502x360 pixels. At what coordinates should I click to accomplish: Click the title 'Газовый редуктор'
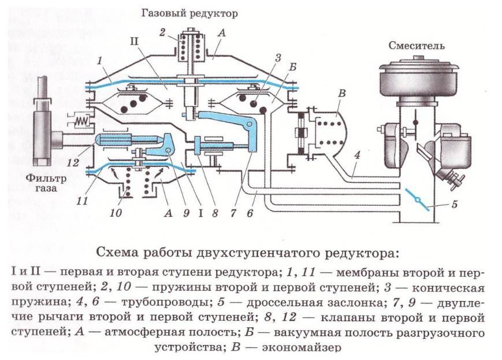pos(189,13)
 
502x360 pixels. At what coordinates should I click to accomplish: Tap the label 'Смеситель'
pos(417,46)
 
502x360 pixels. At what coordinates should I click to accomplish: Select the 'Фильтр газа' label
pos(46,183)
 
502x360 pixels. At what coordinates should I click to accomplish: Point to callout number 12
pos(73,163)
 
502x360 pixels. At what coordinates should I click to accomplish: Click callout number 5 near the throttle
pos(455,204)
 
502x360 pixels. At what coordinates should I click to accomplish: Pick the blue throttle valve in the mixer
pos(417,199)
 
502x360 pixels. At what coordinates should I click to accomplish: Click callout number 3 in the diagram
pos(277,58)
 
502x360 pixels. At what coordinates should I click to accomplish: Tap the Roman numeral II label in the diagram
pos(134,42)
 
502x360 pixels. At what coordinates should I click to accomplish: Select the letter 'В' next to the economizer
pos(342,93)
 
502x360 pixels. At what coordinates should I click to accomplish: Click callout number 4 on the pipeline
pos(357,155)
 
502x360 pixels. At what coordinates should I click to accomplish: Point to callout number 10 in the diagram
pos(116,213)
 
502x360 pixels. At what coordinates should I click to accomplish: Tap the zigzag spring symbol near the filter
pos(81,121)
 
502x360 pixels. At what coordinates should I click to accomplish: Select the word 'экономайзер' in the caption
pos(302,347)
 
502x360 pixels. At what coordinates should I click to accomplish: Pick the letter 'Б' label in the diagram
pos(293,68)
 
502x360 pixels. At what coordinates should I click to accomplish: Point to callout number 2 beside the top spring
pos(162,32)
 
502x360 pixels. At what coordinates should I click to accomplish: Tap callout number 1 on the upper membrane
pos(100,61)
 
